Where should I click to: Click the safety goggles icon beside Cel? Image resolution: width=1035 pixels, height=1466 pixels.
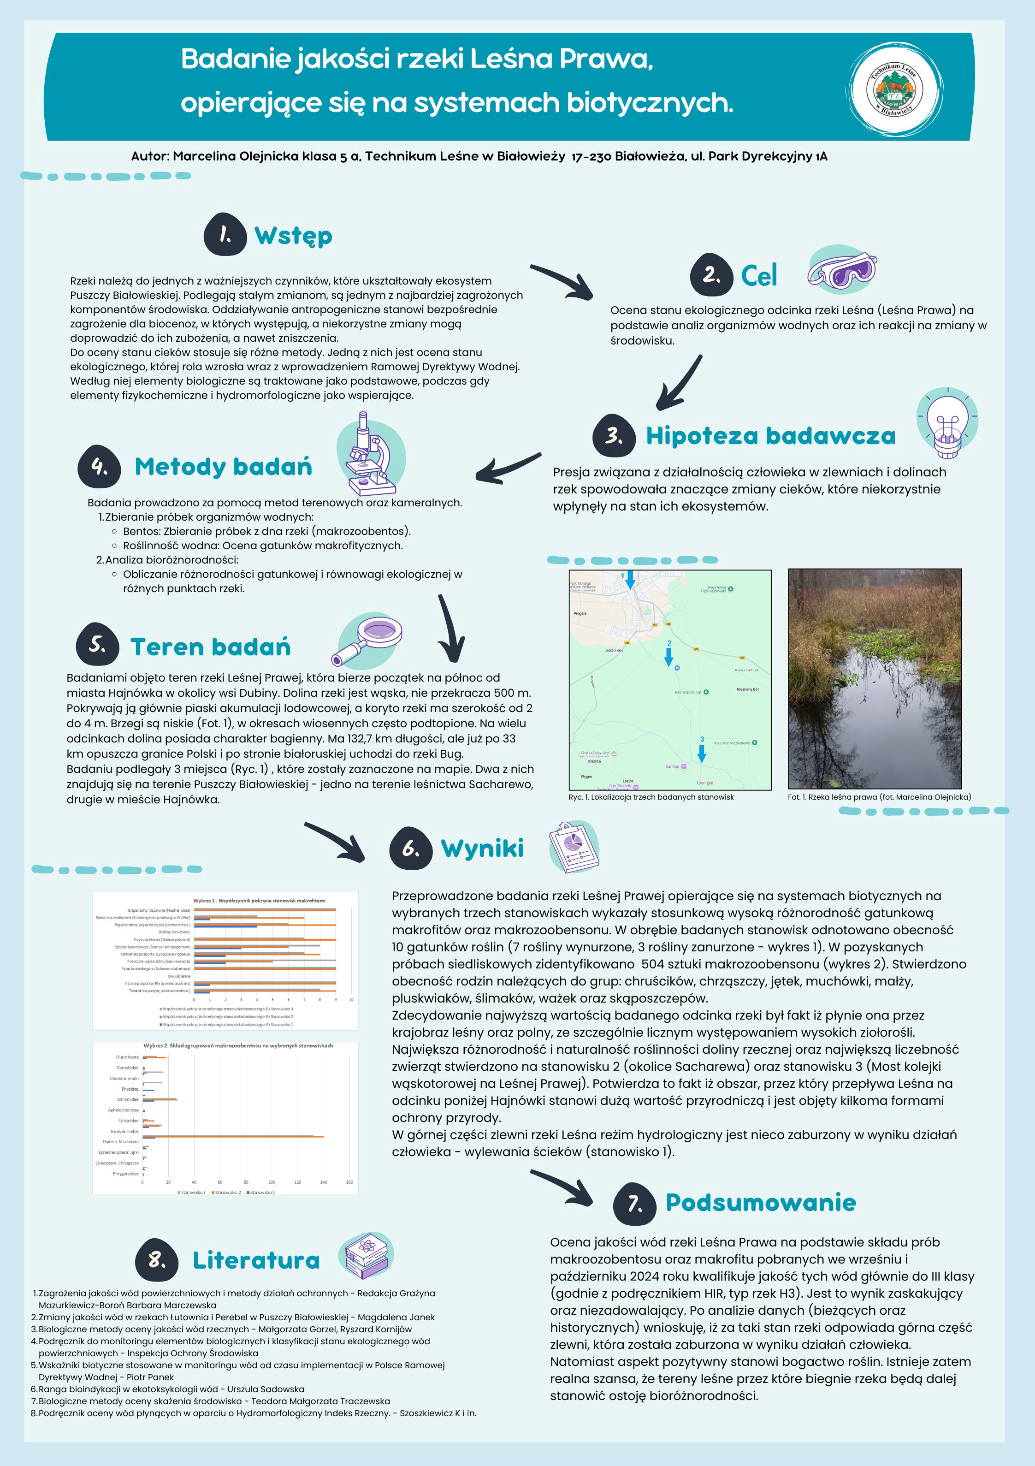[x=841, y=269]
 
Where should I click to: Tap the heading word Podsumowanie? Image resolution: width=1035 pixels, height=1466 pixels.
[x=760, y=1202]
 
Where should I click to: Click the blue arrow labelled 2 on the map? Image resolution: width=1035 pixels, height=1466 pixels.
[x=668, y=656]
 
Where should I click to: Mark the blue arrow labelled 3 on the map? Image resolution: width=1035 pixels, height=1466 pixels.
[x=702, y=752]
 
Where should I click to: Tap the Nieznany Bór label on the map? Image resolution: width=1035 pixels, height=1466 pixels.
[x=747, y=689]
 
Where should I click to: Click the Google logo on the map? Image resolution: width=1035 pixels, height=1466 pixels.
[x=705, y=783]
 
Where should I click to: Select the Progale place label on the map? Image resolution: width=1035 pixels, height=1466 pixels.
[x=580, y=613]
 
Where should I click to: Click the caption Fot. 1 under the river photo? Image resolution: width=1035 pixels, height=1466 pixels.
[x=879, y=797]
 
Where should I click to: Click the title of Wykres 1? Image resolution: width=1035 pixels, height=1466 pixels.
[x=259, y=900]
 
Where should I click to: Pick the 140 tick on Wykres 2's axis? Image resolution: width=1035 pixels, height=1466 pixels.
[x=323, y=1182]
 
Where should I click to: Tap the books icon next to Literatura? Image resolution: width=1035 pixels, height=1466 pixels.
[x=367, y=1255]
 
